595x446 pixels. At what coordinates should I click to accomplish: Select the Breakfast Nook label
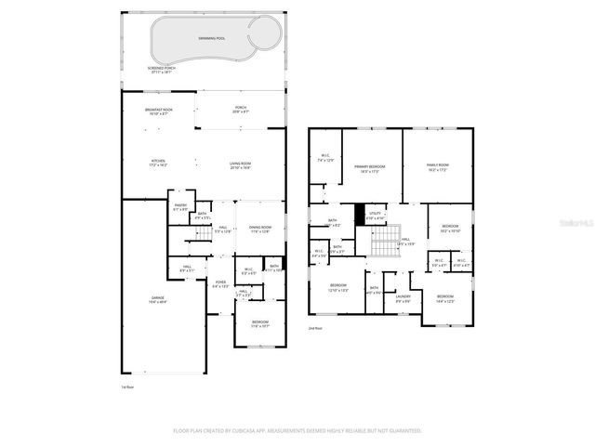158,111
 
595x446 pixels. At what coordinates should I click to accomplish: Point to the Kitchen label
158,164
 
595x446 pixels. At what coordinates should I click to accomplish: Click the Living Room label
241,164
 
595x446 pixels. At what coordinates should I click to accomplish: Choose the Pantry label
180,206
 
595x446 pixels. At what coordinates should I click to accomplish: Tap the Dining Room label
259,229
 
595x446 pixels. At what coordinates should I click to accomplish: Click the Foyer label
220,283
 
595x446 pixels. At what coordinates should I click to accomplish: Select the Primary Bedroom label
369,167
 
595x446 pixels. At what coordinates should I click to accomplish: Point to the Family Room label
438,167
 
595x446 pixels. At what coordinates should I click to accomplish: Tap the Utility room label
376,216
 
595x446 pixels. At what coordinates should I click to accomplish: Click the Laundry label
403,299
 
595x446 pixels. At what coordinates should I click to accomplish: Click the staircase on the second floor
383,243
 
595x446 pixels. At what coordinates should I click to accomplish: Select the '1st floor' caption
126,387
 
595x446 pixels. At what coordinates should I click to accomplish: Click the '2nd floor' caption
315,328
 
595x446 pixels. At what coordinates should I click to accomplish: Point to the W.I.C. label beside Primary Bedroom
325,158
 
